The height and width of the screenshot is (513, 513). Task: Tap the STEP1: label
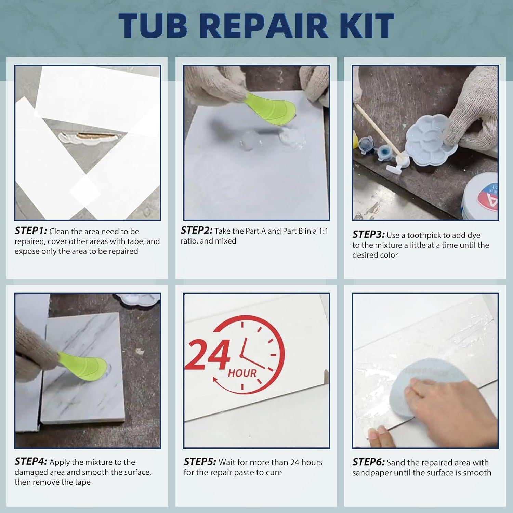point(31,231)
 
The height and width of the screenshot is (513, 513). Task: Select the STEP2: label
point(196,231)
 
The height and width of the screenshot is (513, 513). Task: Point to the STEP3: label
point(368,235)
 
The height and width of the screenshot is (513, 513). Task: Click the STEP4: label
point(31,462)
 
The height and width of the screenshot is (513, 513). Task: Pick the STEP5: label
point(200,462)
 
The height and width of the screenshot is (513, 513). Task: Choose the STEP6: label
point(368,462)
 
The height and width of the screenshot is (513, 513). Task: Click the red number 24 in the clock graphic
point(209,356)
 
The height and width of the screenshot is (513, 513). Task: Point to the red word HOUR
point(242,373)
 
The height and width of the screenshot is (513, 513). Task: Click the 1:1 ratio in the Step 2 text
point(323,231)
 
